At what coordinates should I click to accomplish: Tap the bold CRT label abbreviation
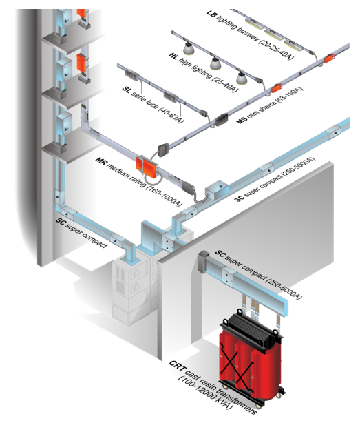coord(177,365)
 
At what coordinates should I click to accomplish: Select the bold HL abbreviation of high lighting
coord(173,56)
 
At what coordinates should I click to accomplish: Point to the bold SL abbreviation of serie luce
coord(127,90)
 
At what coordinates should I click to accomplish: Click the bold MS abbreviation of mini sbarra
coord(242,121)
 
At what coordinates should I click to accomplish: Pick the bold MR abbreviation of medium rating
coord(100,161)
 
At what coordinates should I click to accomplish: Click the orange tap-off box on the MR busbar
coord(146,167)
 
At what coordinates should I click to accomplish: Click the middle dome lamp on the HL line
coord(215,64)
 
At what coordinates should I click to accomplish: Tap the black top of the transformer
coord(251,328)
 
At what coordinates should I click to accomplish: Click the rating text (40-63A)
coord(171,114)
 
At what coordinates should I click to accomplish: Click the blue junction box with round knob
coord(217,190)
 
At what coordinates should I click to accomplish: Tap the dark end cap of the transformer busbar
coord(202,261)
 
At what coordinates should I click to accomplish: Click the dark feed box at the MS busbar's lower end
coord(162,149)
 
